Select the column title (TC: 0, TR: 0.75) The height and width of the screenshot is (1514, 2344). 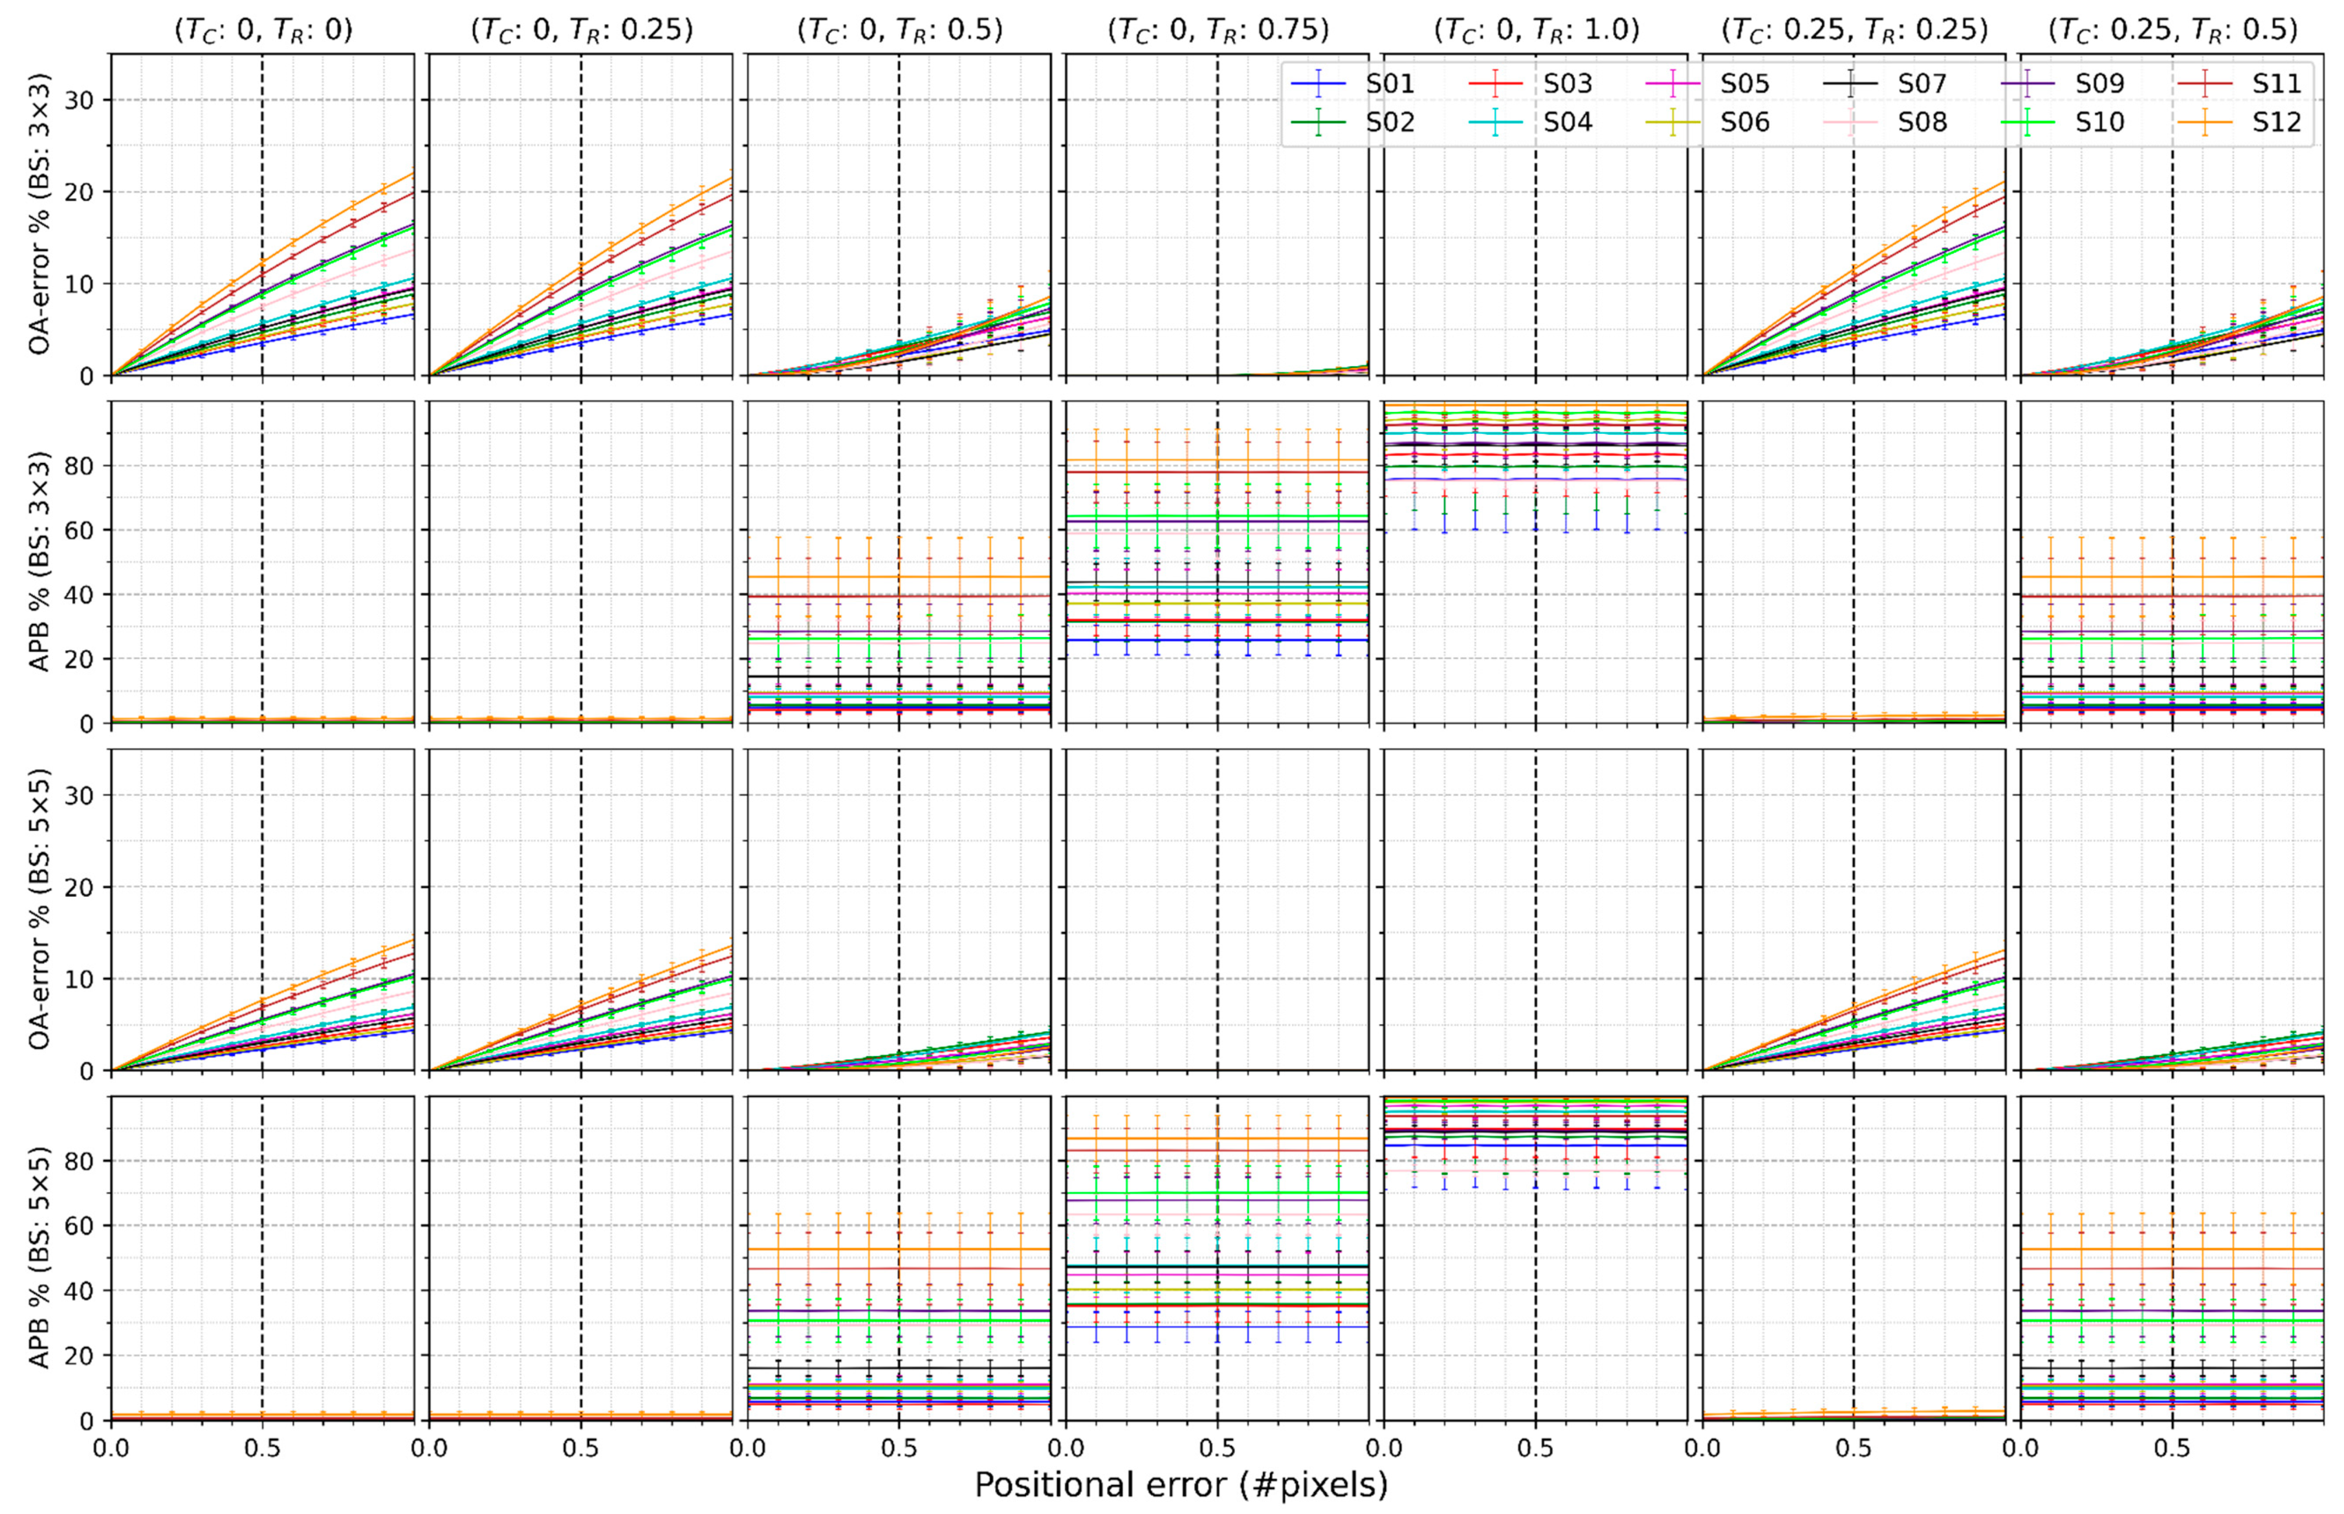click(x=1218, y=30)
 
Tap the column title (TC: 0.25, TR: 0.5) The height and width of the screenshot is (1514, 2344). click(x=2172, y=30)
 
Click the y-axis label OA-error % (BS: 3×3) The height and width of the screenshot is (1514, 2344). click(x=39, y=214)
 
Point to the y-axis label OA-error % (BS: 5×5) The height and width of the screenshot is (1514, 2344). click(x=39, y=910)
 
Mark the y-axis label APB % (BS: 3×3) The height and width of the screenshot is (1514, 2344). click(x=39, y=562)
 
